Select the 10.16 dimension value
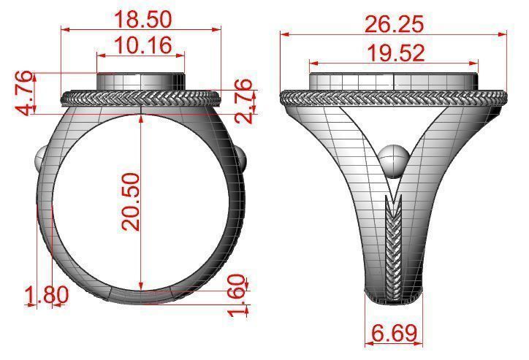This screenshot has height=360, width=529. pos(140,45)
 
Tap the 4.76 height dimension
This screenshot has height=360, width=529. pos(25,92)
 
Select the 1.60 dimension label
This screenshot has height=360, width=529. pos(235,296)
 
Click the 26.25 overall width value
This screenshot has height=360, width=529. pos(394,23)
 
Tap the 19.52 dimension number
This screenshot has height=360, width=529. pos(394,52)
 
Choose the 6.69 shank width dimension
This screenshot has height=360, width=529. pos(395,334)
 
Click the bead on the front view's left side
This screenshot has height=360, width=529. pos(42,159)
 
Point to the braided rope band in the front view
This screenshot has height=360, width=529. pos(140,99)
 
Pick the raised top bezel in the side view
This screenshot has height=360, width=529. pos(394,80)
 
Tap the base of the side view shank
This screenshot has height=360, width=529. pos(393,296)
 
